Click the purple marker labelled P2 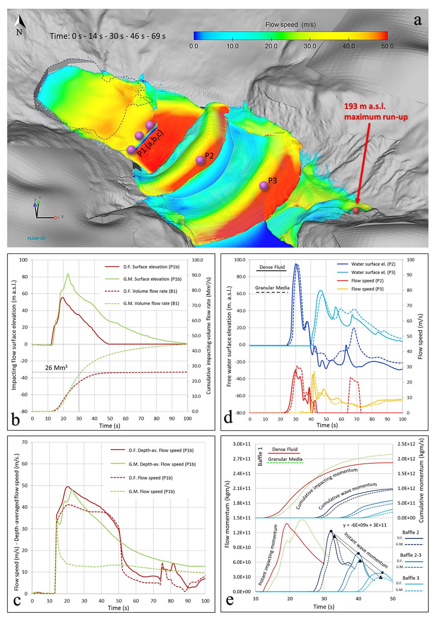[x=200, y=160]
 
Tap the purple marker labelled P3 [x=264, y=186]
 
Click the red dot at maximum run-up [x=356, y=211]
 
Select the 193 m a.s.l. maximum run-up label [x=375, y=112]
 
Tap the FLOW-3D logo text [x=33, y=238]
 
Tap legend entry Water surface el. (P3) [x=373, y=272]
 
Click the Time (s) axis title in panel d [x=326, y=425]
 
